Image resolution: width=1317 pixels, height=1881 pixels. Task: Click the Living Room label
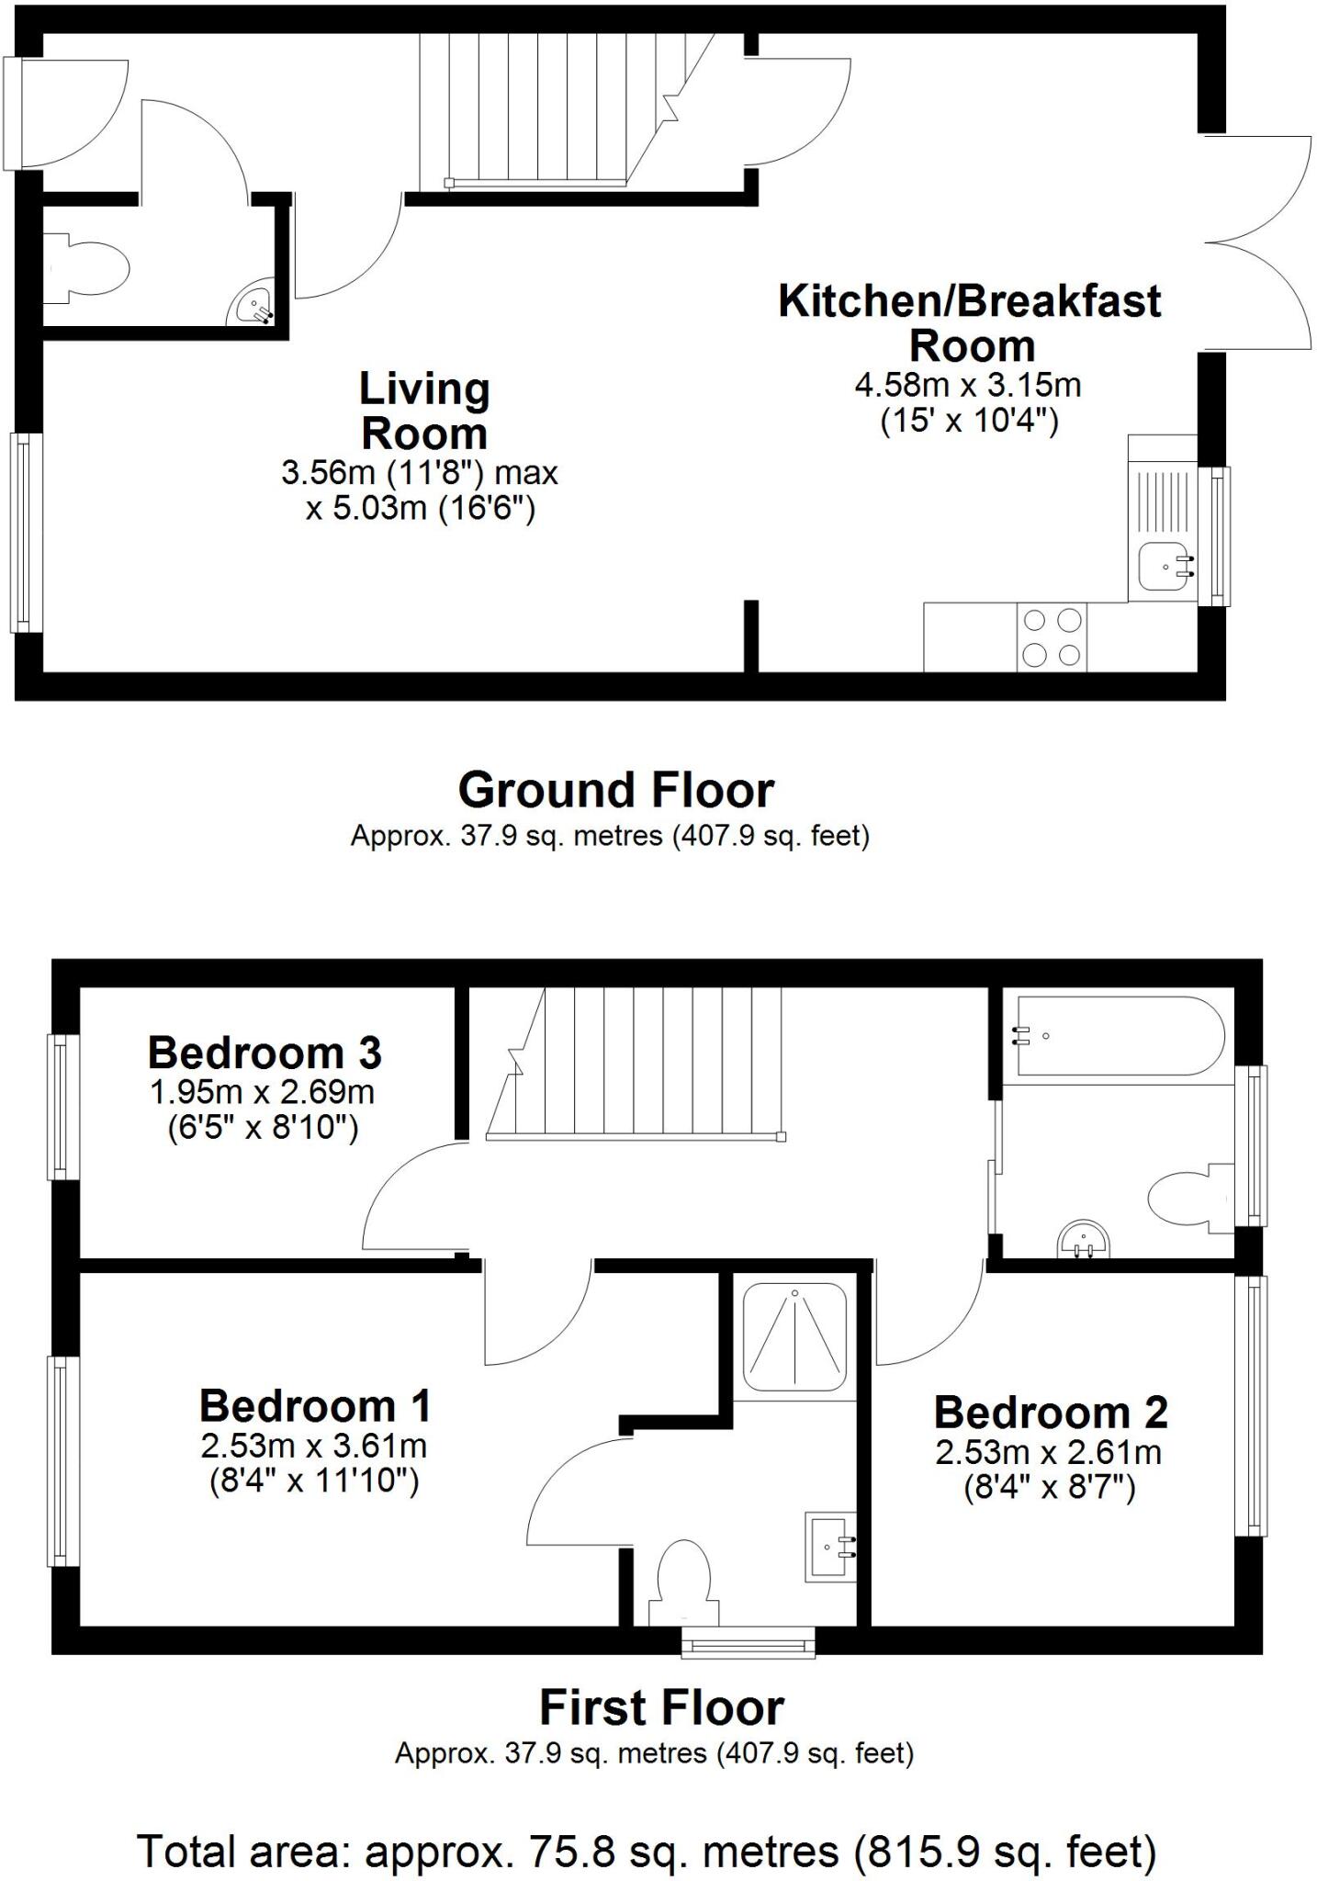point(423,411)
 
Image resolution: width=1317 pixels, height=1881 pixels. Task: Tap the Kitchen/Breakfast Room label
point(969,322)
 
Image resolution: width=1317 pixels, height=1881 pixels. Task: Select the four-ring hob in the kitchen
point(1052,636)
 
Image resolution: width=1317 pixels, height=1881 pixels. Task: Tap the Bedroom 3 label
point(265,1053)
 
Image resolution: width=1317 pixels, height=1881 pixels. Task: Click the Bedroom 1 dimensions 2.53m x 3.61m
point(313,1447)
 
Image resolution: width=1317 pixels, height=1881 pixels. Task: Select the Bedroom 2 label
point(1051,1412)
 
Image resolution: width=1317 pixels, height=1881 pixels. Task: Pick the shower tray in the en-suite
point(794,1337)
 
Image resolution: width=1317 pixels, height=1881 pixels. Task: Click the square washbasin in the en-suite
point(831,1547)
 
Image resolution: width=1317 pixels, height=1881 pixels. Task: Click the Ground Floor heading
point(615,790)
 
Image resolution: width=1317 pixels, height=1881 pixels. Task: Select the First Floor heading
point(661,1708)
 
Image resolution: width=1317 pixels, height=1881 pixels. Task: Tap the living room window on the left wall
point(27,532)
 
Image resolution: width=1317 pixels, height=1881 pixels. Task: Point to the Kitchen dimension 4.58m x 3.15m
point(968,385)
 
